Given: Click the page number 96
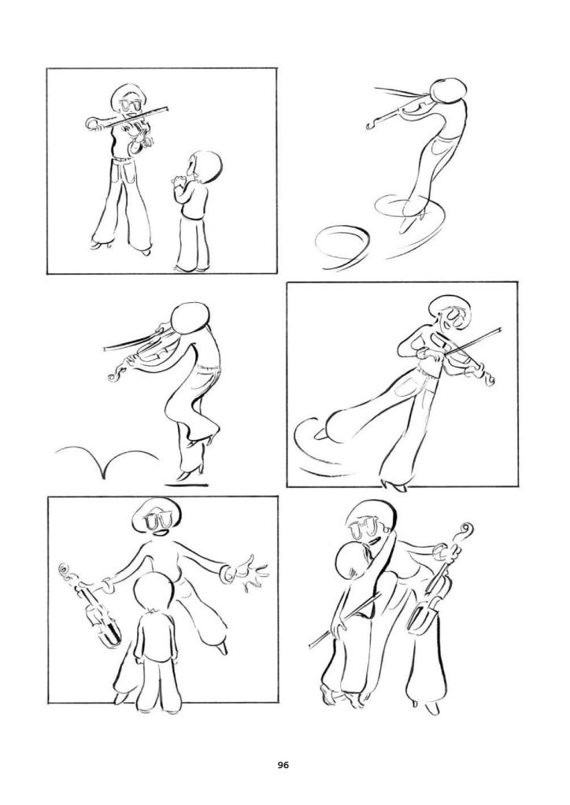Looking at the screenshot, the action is (x=283, y=765).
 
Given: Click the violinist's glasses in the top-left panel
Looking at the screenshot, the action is (x=131, y=105).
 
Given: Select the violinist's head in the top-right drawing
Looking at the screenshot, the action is (x=447, y=90).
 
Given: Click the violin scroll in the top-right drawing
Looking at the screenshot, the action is (x=372, y=125).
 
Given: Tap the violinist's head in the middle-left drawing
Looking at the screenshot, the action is (x=190, y=319).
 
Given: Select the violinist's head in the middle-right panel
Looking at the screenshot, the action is (x=450, y=314).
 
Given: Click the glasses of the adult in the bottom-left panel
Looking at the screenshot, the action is (x=158, y=521).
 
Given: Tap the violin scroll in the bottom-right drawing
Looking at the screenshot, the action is (x=465, y=533).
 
